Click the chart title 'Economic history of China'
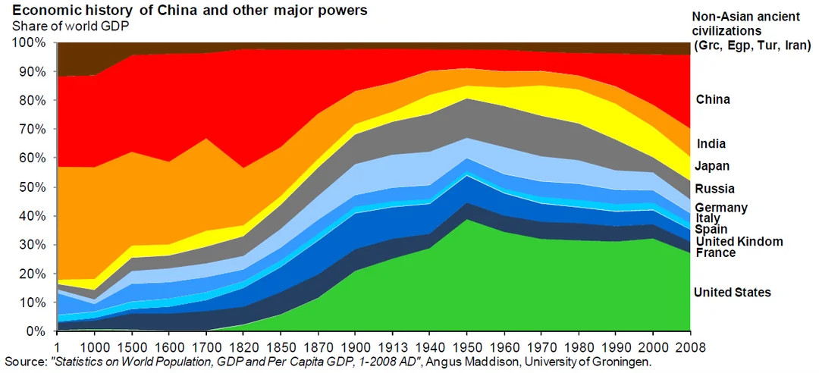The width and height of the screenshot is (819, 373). pos(190,11)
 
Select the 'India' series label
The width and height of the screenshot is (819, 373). pos(710,144)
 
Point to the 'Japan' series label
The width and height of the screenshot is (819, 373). pos(713,166)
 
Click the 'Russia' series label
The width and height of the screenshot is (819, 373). pos(714,189)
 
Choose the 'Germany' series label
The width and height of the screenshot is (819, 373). pos(721,208)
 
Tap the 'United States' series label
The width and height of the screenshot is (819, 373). pos(733,293)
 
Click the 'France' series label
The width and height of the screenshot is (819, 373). pos(715,252)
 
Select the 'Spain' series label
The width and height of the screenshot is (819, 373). pos(711,229)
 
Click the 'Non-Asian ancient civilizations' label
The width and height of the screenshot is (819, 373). pos(751,31)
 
